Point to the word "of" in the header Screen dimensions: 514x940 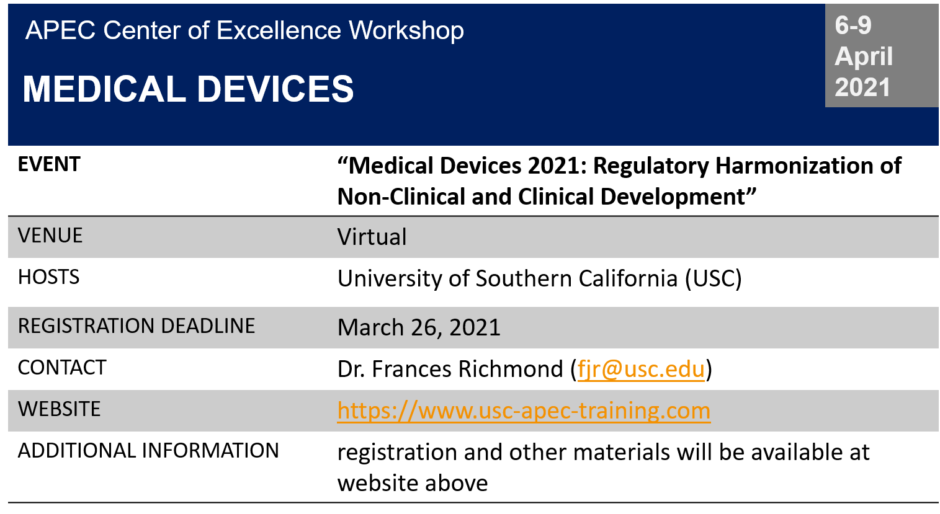click(x=199, y=30)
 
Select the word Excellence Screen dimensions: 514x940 click(x=279, y=30)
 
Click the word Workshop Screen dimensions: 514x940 click(x=406, y=30)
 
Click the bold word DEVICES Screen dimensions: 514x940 click(x=275, y=89)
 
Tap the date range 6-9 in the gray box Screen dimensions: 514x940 click(x=853, y=25)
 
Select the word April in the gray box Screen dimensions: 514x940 click(x=864, y=56)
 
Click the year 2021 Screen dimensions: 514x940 click(x=862, y=87)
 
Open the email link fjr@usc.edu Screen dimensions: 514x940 click(x=641, y=369)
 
